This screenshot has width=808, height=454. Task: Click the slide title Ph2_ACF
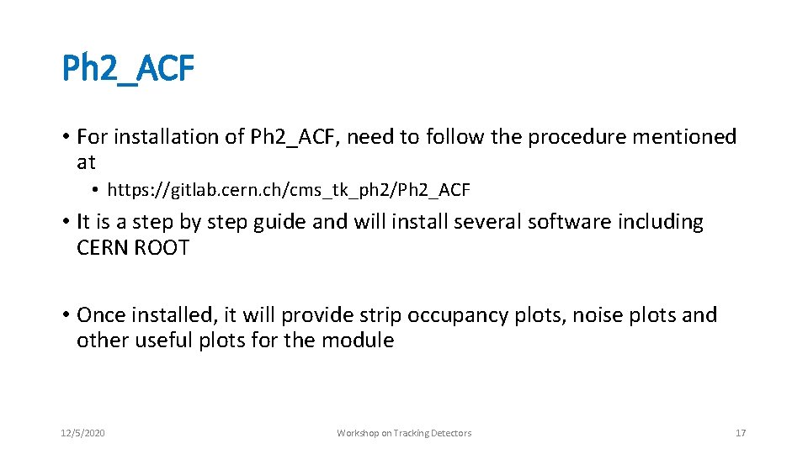coord(128,70)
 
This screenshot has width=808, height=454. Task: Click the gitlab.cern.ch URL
coord(289,191)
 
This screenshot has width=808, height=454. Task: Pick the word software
coord(570,223)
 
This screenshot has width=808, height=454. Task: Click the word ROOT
coord(162,248)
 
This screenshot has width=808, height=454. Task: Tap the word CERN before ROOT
coord(103,248)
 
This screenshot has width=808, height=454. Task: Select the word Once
coord(101,315)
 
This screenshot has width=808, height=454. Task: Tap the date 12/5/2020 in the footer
coord(83,433)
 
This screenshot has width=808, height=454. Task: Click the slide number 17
coord(741,433)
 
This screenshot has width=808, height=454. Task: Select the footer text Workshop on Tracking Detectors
coord(404,433)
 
